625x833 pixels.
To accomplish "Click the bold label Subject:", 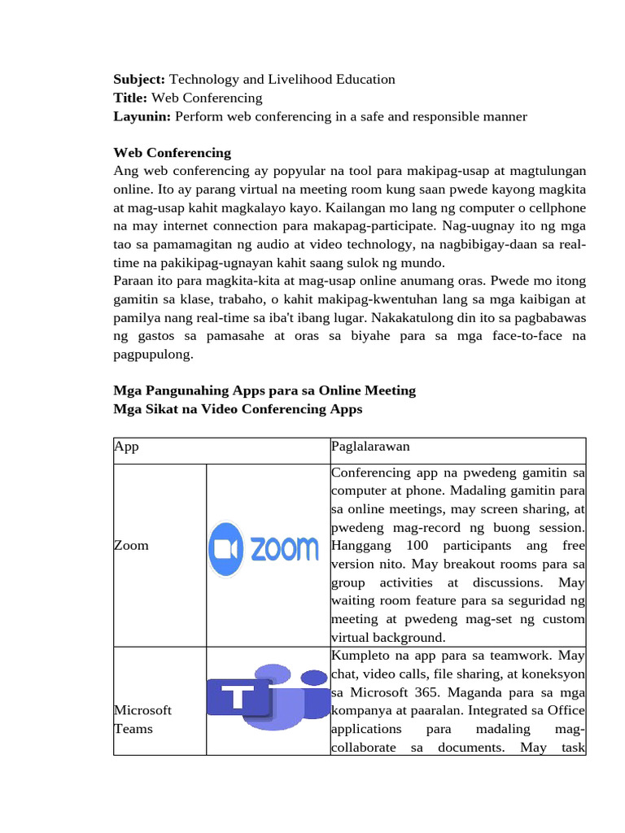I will tap(139, 80).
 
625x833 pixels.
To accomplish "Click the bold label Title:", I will tap(131, 98).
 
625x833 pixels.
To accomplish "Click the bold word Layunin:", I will tap(142, 117).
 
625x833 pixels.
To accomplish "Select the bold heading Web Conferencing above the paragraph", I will tap(172, 153).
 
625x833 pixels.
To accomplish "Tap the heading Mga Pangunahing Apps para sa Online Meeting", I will tap(264, 390).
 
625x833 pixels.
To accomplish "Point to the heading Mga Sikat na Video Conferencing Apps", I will tap(238, 409).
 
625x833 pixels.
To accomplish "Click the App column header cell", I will tap(126, 447).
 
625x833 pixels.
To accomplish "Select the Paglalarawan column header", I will tap(370, 447).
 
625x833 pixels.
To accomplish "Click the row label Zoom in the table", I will tap(131, 545).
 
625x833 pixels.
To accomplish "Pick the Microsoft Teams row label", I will tap(142, 720).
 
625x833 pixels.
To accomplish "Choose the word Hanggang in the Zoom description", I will tap(361, 545).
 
